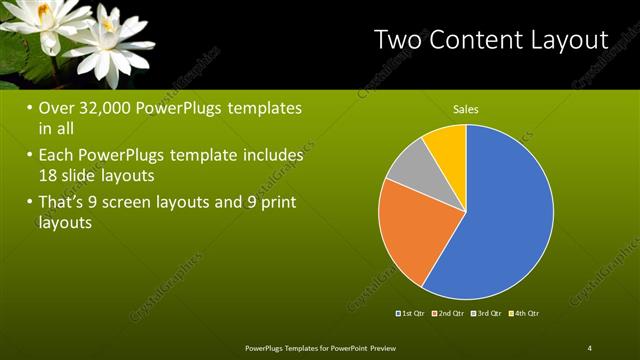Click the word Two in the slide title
click(x=398, y=41)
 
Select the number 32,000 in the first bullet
click(x=110, y=108)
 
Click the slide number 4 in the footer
click(x=589, y=347)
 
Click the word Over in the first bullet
click(x=57, y=108)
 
